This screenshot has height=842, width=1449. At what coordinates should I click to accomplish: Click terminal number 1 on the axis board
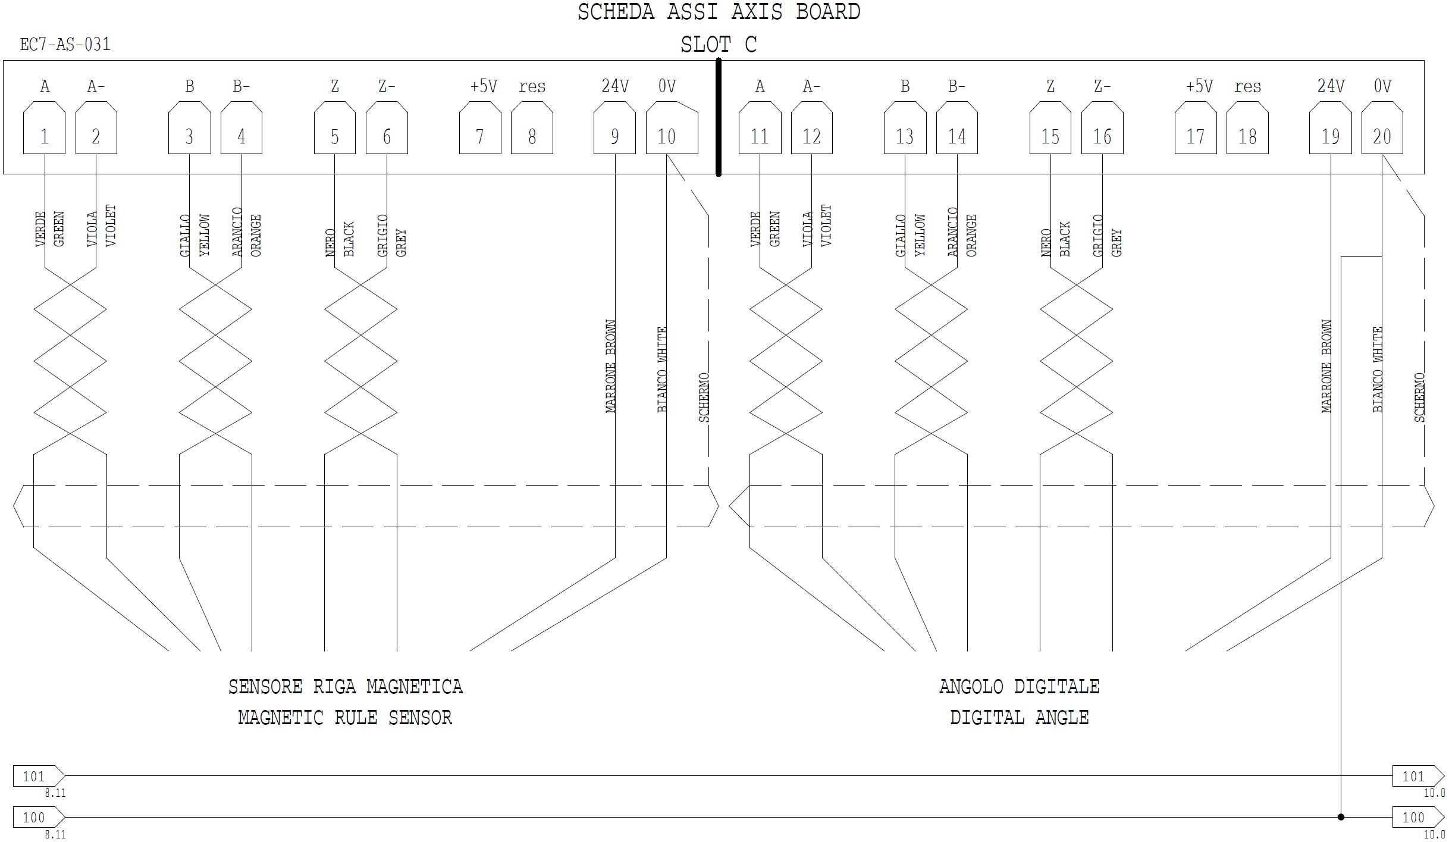point(44,128)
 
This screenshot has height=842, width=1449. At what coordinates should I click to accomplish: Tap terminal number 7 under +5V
point(480,129)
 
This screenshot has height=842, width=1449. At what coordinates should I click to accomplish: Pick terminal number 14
point(956,129)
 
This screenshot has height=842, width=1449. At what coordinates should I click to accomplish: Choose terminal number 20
point(1382,129)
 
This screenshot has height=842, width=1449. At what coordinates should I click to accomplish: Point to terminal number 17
point(1195,129)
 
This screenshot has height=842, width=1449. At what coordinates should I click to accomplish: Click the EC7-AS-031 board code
point(65,45)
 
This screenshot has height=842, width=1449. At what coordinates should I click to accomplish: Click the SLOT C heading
point(719,45)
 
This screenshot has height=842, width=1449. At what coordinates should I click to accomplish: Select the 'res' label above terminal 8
point(532,87)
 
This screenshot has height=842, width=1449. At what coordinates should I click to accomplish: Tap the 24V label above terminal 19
point(1331,86)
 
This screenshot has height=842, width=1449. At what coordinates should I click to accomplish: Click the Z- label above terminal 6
point(387,87)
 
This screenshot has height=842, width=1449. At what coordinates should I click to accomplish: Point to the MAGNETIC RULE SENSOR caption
point(345,718)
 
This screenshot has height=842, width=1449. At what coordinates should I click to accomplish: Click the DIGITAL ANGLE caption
point(1019,718)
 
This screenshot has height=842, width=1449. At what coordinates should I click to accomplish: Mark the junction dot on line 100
point(1341,817)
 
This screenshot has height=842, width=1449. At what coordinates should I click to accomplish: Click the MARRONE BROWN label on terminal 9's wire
point(611,367)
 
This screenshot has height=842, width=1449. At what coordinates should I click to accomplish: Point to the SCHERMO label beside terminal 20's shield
point(1420,397)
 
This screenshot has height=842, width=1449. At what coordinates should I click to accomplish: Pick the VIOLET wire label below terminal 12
point(826,226)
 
